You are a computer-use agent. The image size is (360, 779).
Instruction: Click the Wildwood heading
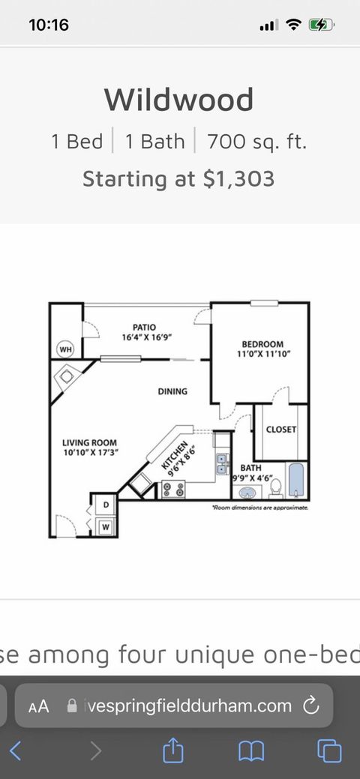click(179, 100)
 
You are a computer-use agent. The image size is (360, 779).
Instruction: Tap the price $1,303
click(238, 178)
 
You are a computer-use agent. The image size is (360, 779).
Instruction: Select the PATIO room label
click(144, 328)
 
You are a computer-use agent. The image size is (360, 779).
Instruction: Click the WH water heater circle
click(66, 349)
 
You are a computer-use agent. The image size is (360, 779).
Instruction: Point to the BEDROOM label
click(262, 344)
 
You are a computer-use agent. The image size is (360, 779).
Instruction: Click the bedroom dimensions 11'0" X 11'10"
click(262, 354)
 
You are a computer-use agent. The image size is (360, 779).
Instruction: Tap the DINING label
click(172, 391)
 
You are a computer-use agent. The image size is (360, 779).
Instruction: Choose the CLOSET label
click(281, 430)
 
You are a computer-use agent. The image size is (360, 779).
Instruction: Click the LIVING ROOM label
click(89, 442)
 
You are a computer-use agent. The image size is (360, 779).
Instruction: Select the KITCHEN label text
click(175, 456)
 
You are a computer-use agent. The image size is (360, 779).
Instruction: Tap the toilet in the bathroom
click(276, 488)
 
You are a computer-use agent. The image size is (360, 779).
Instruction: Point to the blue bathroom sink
click(247, 493)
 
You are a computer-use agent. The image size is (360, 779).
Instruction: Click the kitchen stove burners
click(173, 490)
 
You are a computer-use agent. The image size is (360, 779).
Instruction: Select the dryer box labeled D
click(106, 505)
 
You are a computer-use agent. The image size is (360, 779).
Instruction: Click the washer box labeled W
click(106, 526)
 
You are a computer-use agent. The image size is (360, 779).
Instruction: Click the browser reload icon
click(310, 705)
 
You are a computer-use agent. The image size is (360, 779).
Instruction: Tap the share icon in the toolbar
click(173, 749)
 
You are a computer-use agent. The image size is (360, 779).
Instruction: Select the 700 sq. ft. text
click(256, 142)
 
